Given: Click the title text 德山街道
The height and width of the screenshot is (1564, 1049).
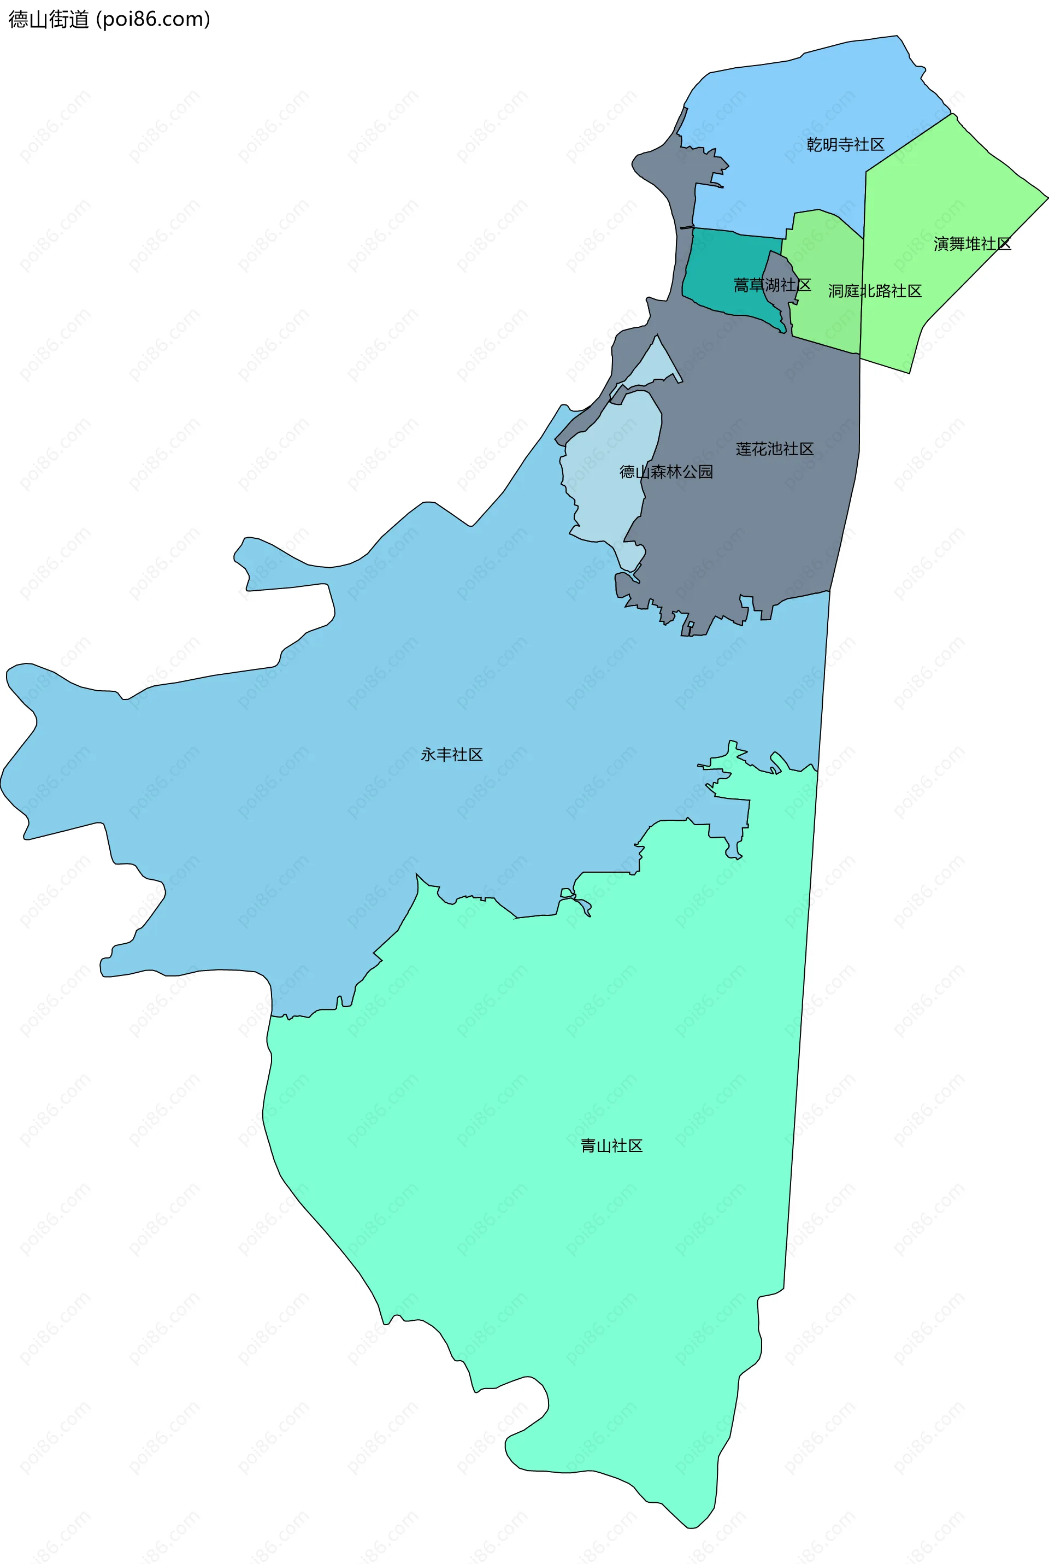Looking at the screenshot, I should (x=48, y=19).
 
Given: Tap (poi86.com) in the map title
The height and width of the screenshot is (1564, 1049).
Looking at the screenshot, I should (x=153, y=19).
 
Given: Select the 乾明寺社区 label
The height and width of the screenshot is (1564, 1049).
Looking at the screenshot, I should (x=845, y=144).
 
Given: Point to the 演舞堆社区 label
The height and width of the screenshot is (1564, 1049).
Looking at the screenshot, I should (x=972, y=244).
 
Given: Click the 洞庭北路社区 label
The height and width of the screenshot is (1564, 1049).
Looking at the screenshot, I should (x=874, y=291).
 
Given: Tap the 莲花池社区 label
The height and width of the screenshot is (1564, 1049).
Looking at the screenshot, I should (x=774, y=449).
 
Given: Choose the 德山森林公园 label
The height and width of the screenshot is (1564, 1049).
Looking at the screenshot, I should (x=665, y=472).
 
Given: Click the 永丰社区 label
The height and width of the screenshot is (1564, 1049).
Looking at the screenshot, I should (x=452, y=755).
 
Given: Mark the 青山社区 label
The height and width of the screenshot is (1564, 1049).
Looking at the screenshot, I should (x=611, y=1146).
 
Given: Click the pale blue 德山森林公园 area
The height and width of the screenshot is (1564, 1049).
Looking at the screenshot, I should (x=602, y=495).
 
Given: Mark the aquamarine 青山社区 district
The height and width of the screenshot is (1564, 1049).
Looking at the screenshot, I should (x=535, y=1204).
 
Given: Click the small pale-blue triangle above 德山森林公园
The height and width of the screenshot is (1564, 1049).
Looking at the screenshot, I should (x=658, y=364).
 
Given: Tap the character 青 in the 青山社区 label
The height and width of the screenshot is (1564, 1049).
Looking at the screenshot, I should (x=588, y=1146).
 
